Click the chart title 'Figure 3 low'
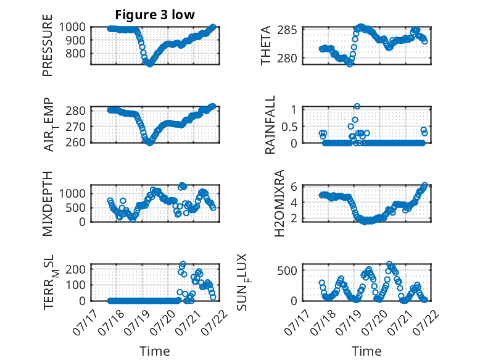coord(155,14)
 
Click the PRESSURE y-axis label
coord(48,45)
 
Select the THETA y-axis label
coord(266,45)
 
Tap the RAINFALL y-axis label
coord(270,125)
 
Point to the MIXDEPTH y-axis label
coord(48,204)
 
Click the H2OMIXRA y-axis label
coord(279,203)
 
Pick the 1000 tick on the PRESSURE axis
coord(72,27)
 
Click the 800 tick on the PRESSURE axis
coord(75,53)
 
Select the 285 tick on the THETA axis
coord(287,30)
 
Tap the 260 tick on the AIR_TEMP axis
coord(75,142)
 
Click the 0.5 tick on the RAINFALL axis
coord(289,127)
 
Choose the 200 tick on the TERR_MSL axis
coord(75,269)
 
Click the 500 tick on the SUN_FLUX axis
coord(287,270)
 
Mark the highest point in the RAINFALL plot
coord(357,106)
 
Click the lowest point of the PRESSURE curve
coord(150,64)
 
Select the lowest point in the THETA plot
coord(350,64)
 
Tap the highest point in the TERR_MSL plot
coord(183,264)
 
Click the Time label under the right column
coord(366,351)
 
